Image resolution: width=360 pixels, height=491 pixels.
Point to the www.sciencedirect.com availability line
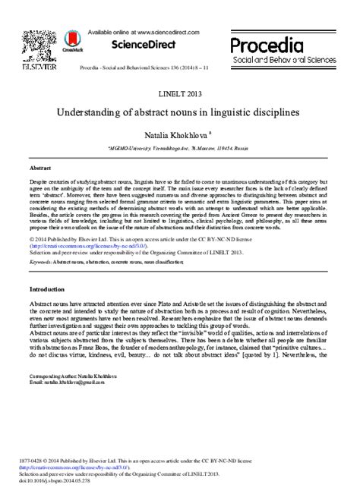(142, 33)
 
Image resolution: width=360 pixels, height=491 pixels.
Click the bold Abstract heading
(39, 168)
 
